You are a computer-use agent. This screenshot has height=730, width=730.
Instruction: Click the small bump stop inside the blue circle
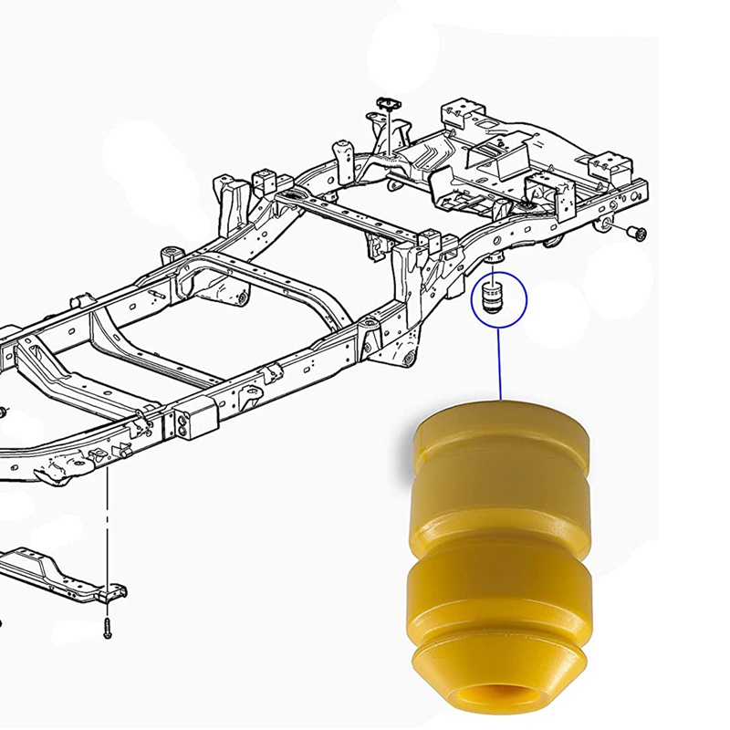[x=491, y=299]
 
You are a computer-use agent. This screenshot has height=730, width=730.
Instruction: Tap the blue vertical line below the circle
[x=499, y=365]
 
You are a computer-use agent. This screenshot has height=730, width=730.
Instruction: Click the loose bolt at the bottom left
[x=108, y=628]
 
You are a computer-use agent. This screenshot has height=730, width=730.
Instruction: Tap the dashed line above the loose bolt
[x=108, y=529]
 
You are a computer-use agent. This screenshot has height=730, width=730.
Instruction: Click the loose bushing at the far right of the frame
[x=636, y=234]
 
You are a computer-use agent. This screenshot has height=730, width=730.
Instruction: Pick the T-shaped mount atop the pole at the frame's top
[x=384, y=108]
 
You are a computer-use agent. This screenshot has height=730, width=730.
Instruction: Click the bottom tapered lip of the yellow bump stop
[x=497, y=666]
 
